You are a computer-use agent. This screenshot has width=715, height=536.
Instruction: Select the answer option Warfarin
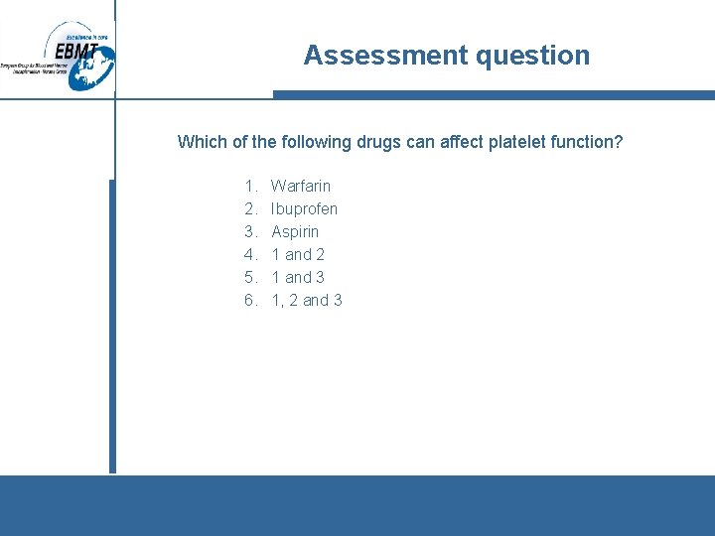[x=301, y=186]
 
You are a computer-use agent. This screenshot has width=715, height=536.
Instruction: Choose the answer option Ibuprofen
[x=304, y=208]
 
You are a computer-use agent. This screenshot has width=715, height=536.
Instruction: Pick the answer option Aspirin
[x=295, y=231]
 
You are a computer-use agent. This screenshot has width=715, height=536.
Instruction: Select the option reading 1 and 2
[x=298, y=254]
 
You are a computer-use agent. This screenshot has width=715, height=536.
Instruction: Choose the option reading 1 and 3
[x=298, y=277]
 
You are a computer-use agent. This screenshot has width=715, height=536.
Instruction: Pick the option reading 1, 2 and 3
[x=307, y=300]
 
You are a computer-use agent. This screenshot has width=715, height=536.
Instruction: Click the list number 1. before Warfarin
[x=250, y=186]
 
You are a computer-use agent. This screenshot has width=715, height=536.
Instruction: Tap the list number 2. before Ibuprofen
[x=250, y=208]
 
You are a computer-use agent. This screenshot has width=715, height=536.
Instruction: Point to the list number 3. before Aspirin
[x=250, y=231]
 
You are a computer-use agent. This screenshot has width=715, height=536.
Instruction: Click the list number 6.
[x=250, y=300]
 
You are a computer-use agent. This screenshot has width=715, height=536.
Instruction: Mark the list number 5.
[x=250, y=277]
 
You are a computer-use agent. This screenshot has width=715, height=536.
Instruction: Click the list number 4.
[x=250, y=254]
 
